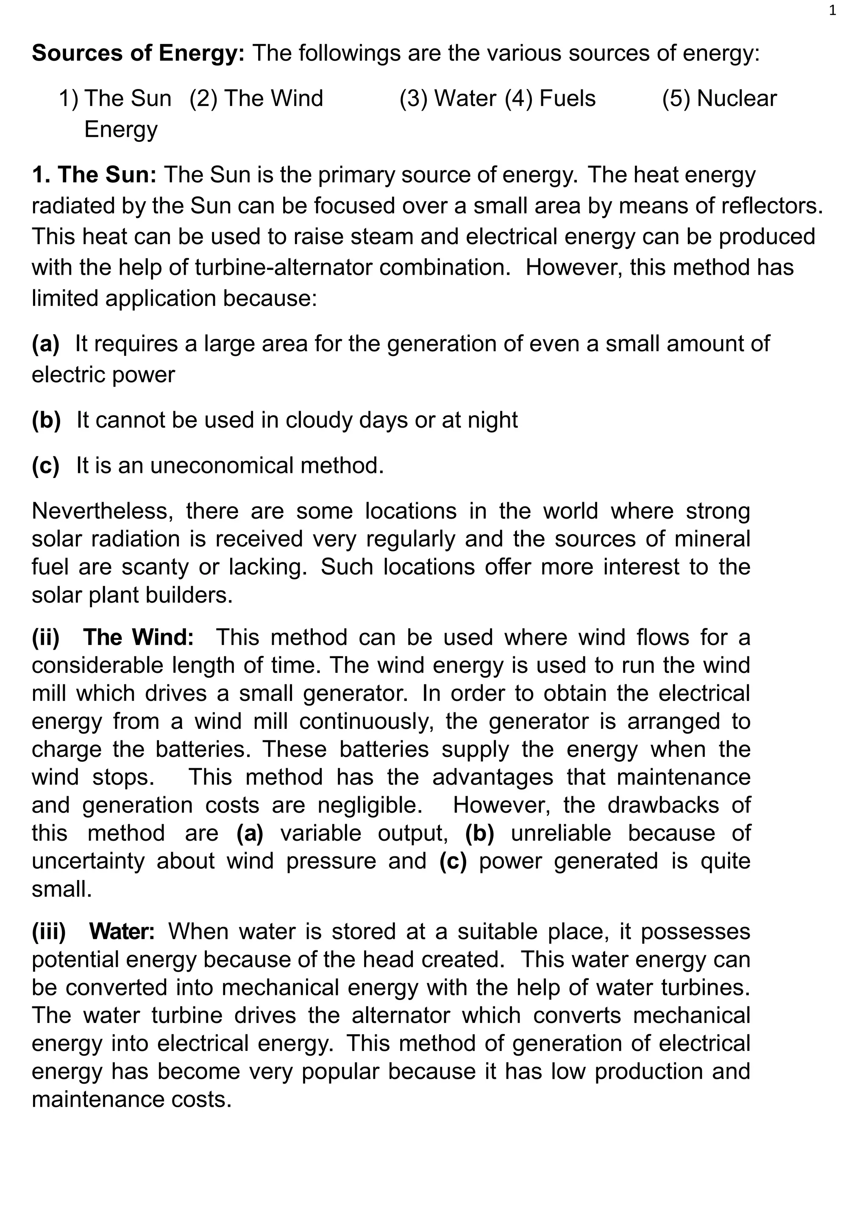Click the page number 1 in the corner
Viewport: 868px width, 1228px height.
click(x=832, y=11)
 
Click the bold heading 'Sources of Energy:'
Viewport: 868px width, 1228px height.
click(x=138, y=53)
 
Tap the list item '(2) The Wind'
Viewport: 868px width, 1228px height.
click(x=256, y=98)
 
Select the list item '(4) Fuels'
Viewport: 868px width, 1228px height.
click(x=550, y=98)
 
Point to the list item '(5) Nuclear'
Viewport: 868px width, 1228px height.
click(x=719, y=98)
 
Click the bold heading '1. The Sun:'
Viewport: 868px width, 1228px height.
click(x=94, y=175)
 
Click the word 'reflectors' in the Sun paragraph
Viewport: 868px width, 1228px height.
click(x=778, y=206)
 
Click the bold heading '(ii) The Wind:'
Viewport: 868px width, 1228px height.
click(x=113, y=638)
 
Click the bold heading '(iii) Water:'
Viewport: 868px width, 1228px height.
click(x=93, y=932)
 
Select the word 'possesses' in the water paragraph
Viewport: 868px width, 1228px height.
click(x=695, y=932)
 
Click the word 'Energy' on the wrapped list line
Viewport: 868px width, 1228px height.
click(x=121, y=129)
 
